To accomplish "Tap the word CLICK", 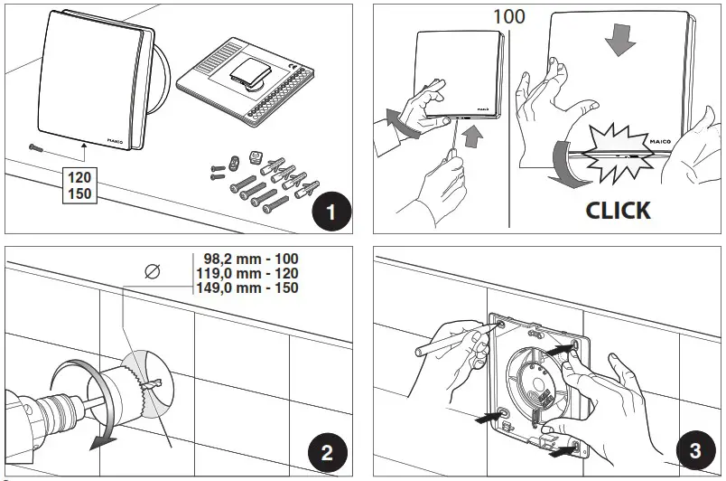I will coord(618,210).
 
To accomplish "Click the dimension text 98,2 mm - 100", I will coord(247,258).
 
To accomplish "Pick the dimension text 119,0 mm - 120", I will coord(247,272).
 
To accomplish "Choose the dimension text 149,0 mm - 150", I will coord(247,288).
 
